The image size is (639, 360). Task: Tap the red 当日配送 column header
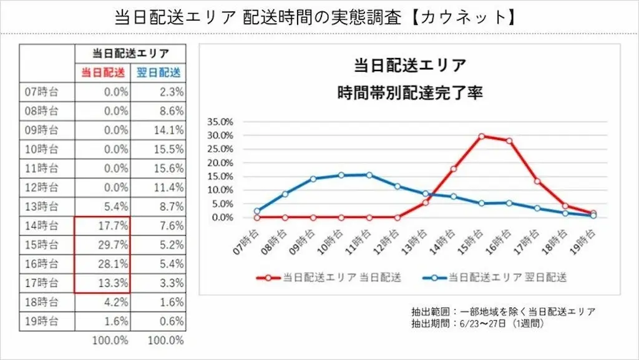pos(103,72)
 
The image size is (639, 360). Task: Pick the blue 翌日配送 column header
pos(159,72)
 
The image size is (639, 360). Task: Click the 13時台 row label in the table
pos(41,207)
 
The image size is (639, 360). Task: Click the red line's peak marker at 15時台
pos(482,136)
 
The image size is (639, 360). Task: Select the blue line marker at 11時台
pos(369,175)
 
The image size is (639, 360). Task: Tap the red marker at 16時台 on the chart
pos(510,141)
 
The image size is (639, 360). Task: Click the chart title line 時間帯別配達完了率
pos(410,93)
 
